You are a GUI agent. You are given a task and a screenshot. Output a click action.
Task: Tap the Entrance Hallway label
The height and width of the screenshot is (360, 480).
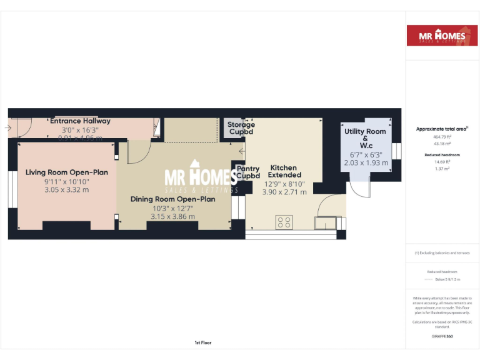pos(80,121)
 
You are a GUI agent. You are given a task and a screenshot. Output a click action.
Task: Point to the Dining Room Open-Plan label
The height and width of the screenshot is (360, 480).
pos(172,199)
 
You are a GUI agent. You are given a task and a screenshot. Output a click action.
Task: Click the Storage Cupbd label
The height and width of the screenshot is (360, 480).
pos(241,128)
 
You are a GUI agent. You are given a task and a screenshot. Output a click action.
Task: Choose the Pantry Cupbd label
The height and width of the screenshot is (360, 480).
pos(248,172)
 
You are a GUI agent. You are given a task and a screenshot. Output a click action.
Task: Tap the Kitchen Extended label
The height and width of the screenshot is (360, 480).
pos(285,171)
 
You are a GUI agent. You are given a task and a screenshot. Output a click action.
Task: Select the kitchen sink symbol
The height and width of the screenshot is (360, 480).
pos(325,223)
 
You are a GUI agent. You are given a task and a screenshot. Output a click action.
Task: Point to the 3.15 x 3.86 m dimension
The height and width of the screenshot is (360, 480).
pos(172,217)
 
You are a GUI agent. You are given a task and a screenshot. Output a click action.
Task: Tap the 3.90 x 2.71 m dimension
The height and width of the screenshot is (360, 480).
pos(285,192)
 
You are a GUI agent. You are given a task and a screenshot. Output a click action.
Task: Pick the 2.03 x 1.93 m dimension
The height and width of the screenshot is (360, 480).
pos(366,162)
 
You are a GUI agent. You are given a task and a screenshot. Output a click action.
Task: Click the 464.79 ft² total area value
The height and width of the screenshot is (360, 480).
pos(442,136)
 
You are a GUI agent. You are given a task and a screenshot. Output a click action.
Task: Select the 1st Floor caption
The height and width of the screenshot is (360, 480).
pos(203,342)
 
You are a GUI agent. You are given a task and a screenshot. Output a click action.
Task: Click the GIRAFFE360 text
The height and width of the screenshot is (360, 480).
pos(442,336)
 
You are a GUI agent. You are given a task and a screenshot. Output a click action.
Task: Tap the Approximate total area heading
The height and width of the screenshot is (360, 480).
pos(442,129)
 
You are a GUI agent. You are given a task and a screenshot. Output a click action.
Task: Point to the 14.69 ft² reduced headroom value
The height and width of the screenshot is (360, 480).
pos(442,161)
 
